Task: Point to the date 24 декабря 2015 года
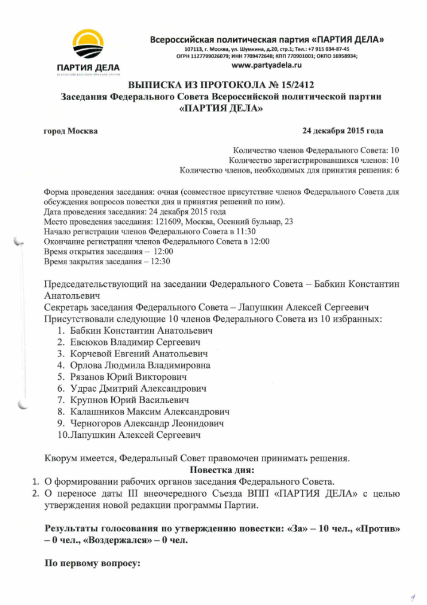click(343, 131)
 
